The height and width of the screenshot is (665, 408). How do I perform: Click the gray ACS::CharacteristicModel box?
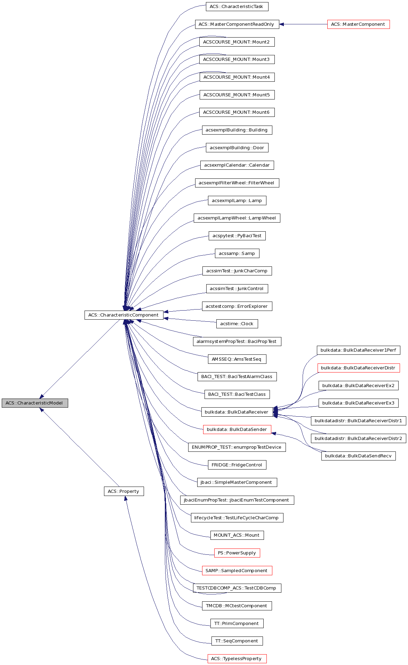(x=34, y=403)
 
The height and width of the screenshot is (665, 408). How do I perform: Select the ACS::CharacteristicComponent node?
(x=123, y=315)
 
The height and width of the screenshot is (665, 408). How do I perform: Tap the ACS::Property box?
(x=123, y=491)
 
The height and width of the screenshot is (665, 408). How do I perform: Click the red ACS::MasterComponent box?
(x=358, y=24)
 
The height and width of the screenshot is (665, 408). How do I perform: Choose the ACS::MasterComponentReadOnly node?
(x=237, y=24)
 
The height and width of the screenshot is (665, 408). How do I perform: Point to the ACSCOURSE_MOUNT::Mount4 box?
(x=237, y=77)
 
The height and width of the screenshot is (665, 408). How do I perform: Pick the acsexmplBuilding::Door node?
(x=237, y=147)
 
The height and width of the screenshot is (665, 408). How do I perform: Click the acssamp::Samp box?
(x=237, y=253)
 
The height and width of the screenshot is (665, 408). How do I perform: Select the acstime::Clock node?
(x=237, y=323)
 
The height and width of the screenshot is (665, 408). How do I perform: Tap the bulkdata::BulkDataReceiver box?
(x=237, y=412)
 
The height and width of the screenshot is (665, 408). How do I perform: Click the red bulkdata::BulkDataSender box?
(x=237, y=429)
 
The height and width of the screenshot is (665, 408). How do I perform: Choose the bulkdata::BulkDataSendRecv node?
(x=358, y=456)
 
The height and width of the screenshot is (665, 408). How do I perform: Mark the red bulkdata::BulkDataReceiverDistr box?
(x=358, y=368)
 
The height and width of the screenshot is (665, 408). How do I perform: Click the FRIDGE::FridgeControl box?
(x=237, y=465)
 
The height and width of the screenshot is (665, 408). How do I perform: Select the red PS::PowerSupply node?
(x=237, y=553)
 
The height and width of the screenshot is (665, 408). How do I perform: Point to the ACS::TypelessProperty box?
(x=237, y=658)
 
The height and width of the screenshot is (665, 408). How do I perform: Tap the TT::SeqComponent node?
(x=237, y=641)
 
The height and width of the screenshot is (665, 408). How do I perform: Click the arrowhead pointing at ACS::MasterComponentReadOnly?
(x=282, y=24)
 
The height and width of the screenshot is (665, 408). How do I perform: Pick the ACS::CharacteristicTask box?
(x=237, y=6)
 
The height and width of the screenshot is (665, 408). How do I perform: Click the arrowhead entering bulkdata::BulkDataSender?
(x=274, y=433)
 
